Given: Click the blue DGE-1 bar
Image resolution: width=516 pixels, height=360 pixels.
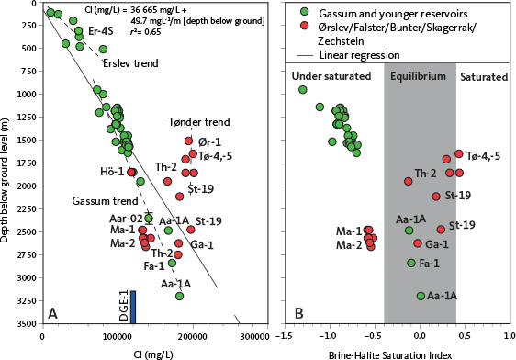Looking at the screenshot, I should [x=133, y=307].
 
